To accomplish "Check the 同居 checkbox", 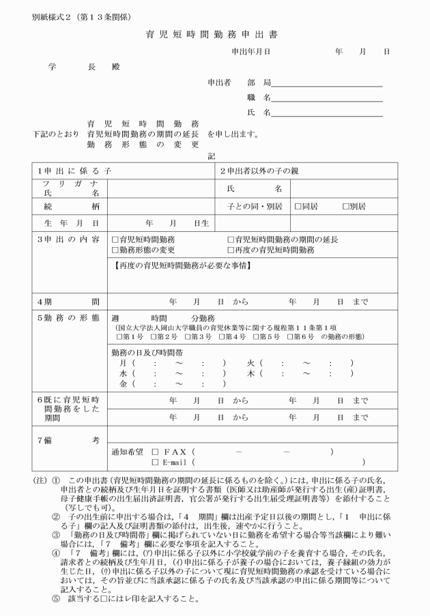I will click(x=298, y=205).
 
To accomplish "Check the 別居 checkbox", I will click(x=345, y=205).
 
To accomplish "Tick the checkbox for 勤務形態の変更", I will click(x=115, y=250).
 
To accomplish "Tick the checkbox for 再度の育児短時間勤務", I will click(x=230, y=250).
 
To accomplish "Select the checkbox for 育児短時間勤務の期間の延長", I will click(x=230, y=240).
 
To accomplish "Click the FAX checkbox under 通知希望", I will click(x=155, y=451).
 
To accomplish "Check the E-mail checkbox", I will click(x=155, y=462).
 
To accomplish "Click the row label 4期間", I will click(x=68, y=302).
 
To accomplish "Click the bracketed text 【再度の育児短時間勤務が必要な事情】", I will click(x=180, y=263).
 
